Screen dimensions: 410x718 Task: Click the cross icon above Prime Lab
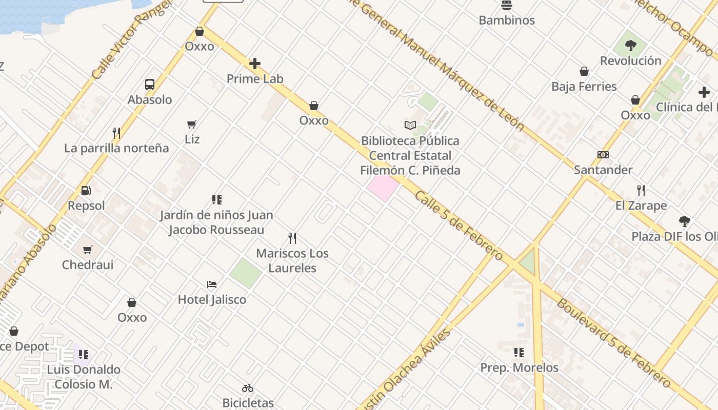point(255,64)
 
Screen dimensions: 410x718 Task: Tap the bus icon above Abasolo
point(150,85)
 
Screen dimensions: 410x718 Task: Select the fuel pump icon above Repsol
point(86,191)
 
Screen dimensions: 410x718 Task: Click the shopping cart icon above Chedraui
point(88,250)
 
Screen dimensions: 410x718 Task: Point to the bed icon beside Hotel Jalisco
point(212,284)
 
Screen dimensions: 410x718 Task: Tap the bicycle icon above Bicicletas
point(248,388)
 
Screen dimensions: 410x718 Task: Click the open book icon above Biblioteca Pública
point(410,125)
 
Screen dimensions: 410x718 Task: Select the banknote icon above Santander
point(603,155)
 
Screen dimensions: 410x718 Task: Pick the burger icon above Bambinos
point(507,6)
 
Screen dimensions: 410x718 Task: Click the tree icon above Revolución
point(631,46)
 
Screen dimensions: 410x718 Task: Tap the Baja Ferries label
point(584,87)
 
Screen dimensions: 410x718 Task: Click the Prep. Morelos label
point(519,368)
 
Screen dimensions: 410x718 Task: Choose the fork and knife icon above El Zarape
point(641,191)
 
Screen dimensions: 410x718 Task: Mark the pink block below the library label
point(383,188)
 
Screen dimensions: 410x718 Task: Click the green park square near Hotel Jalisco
point(246,273)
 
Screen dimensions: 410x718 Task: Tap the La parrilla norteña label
point(116,148)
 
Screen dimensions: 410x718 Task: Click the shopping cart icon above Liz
point(192,124)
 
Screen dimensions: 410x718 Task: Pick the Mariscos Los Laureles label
point(292,260)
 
